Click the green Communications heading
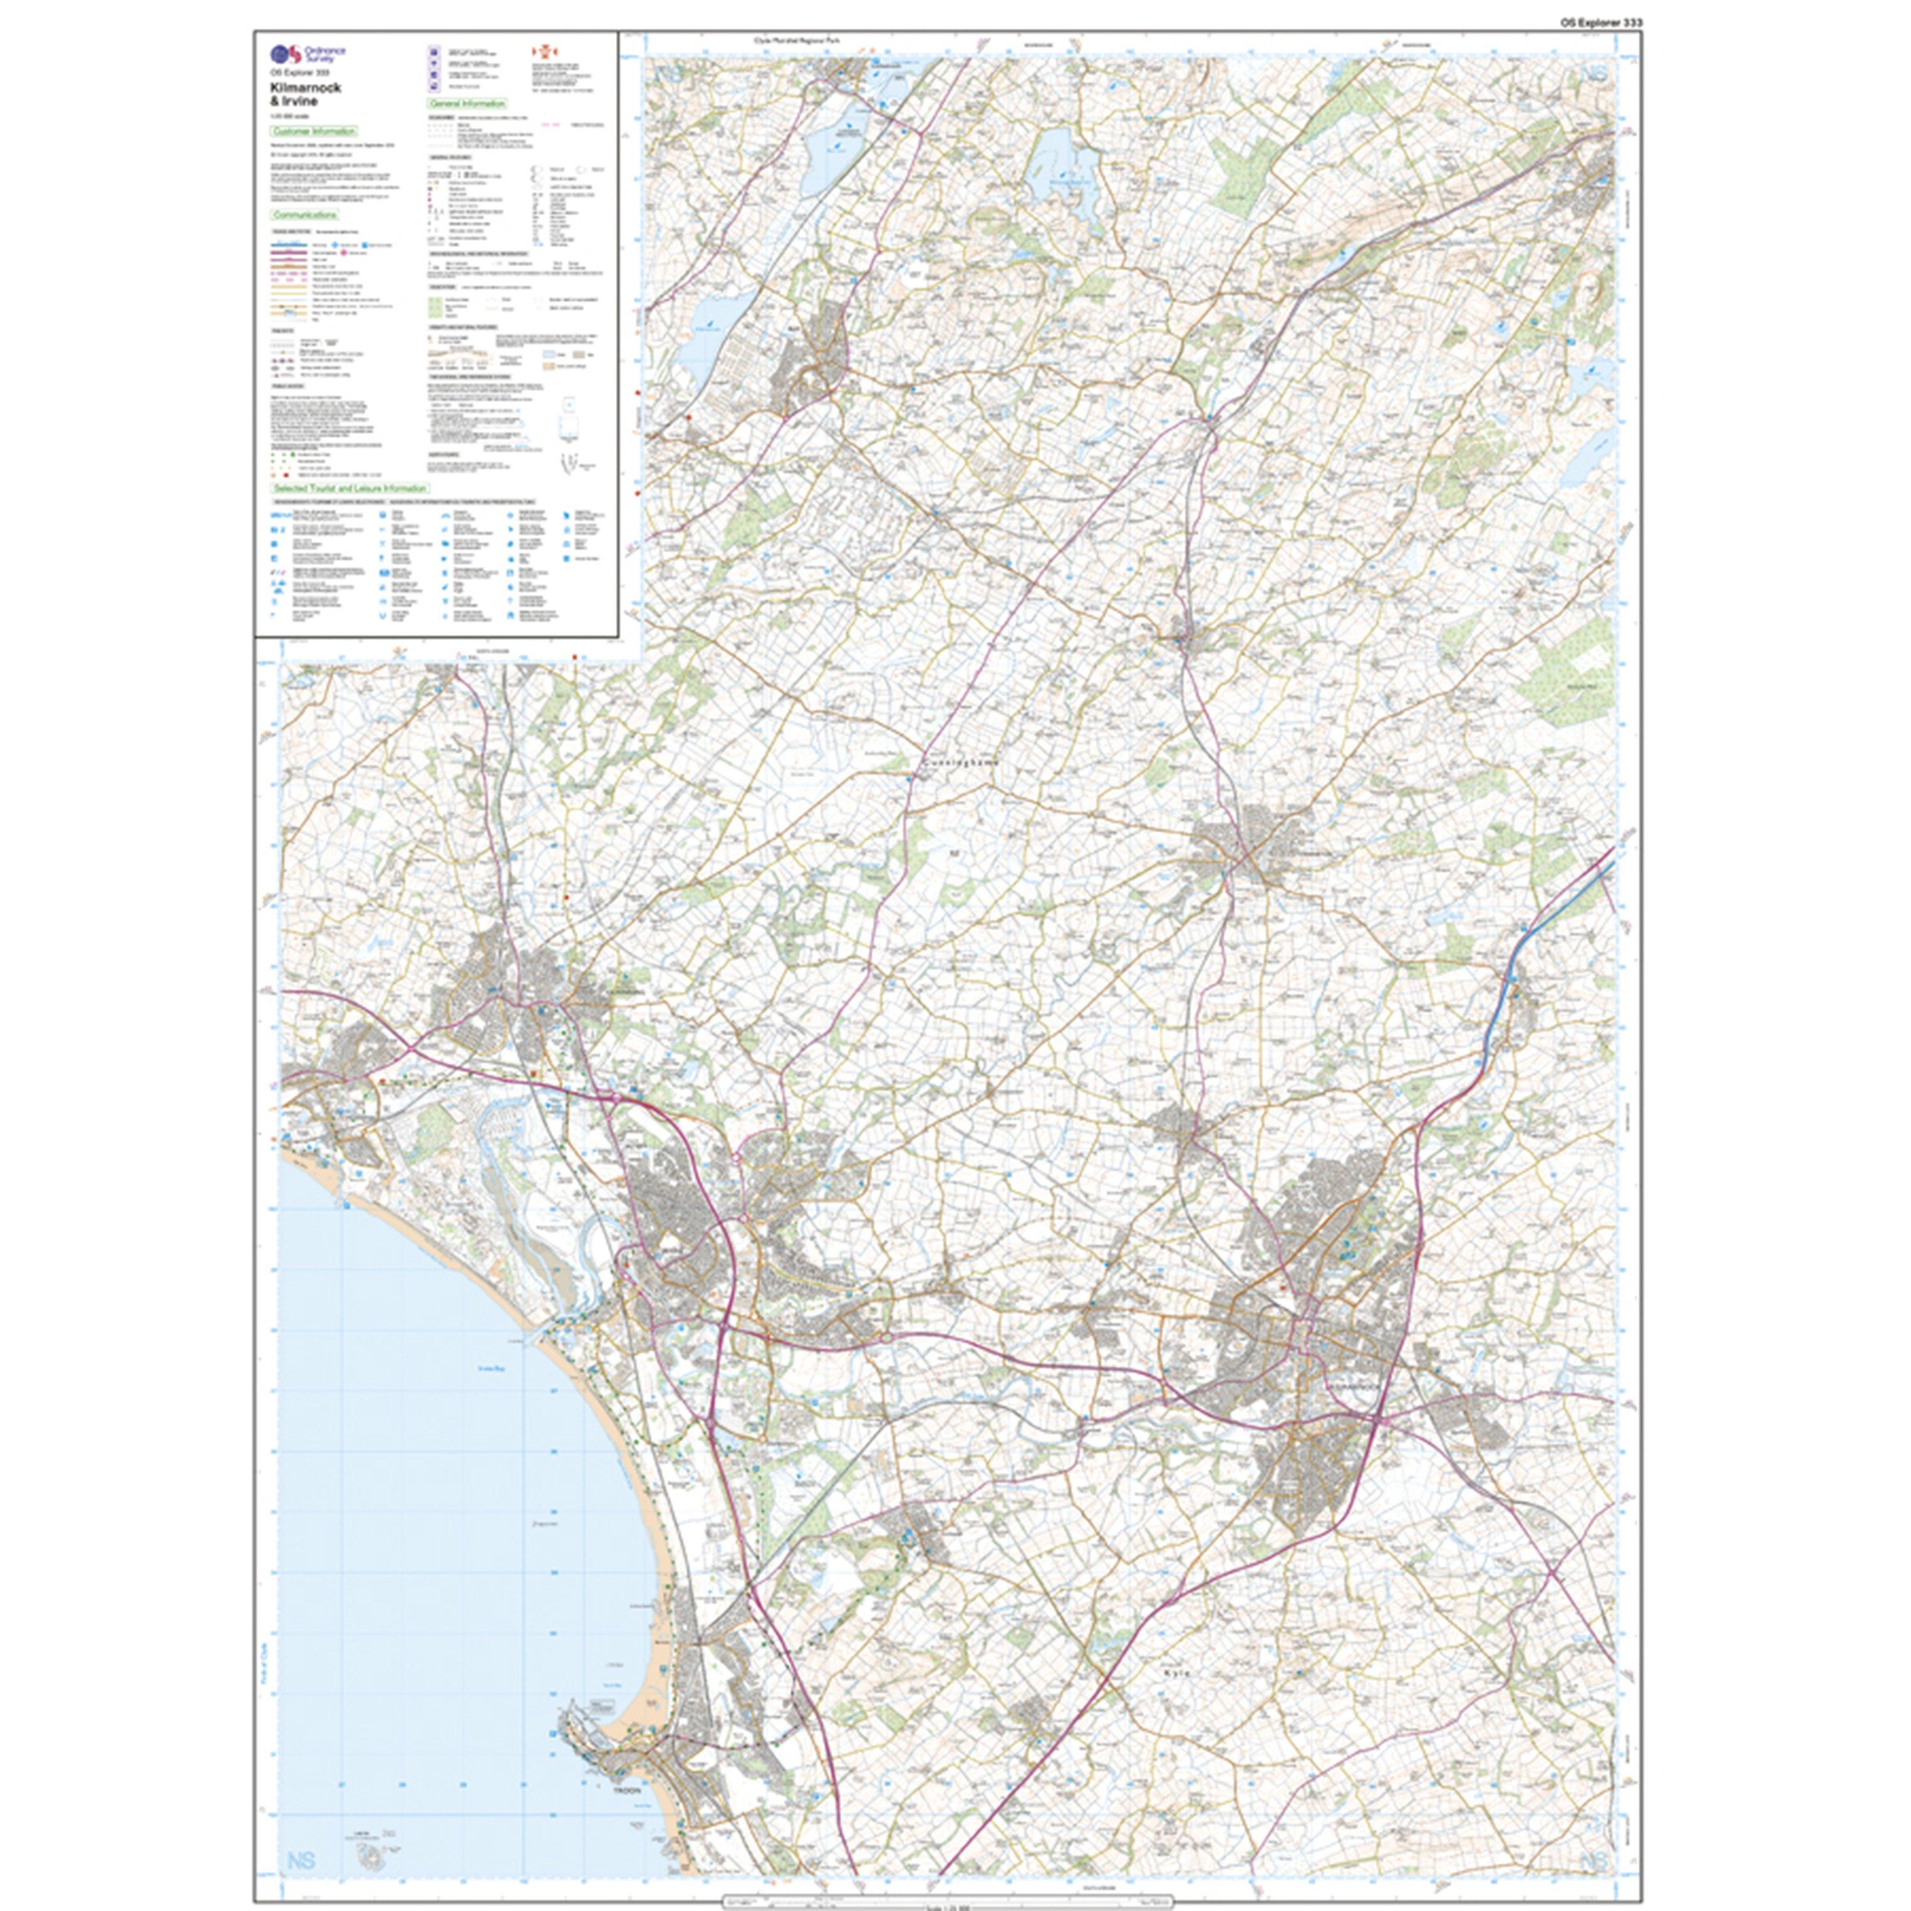click(304, 215)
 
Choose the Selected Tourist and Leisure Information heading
click(350, 489)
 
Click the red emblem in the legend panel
click(541, 52)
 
